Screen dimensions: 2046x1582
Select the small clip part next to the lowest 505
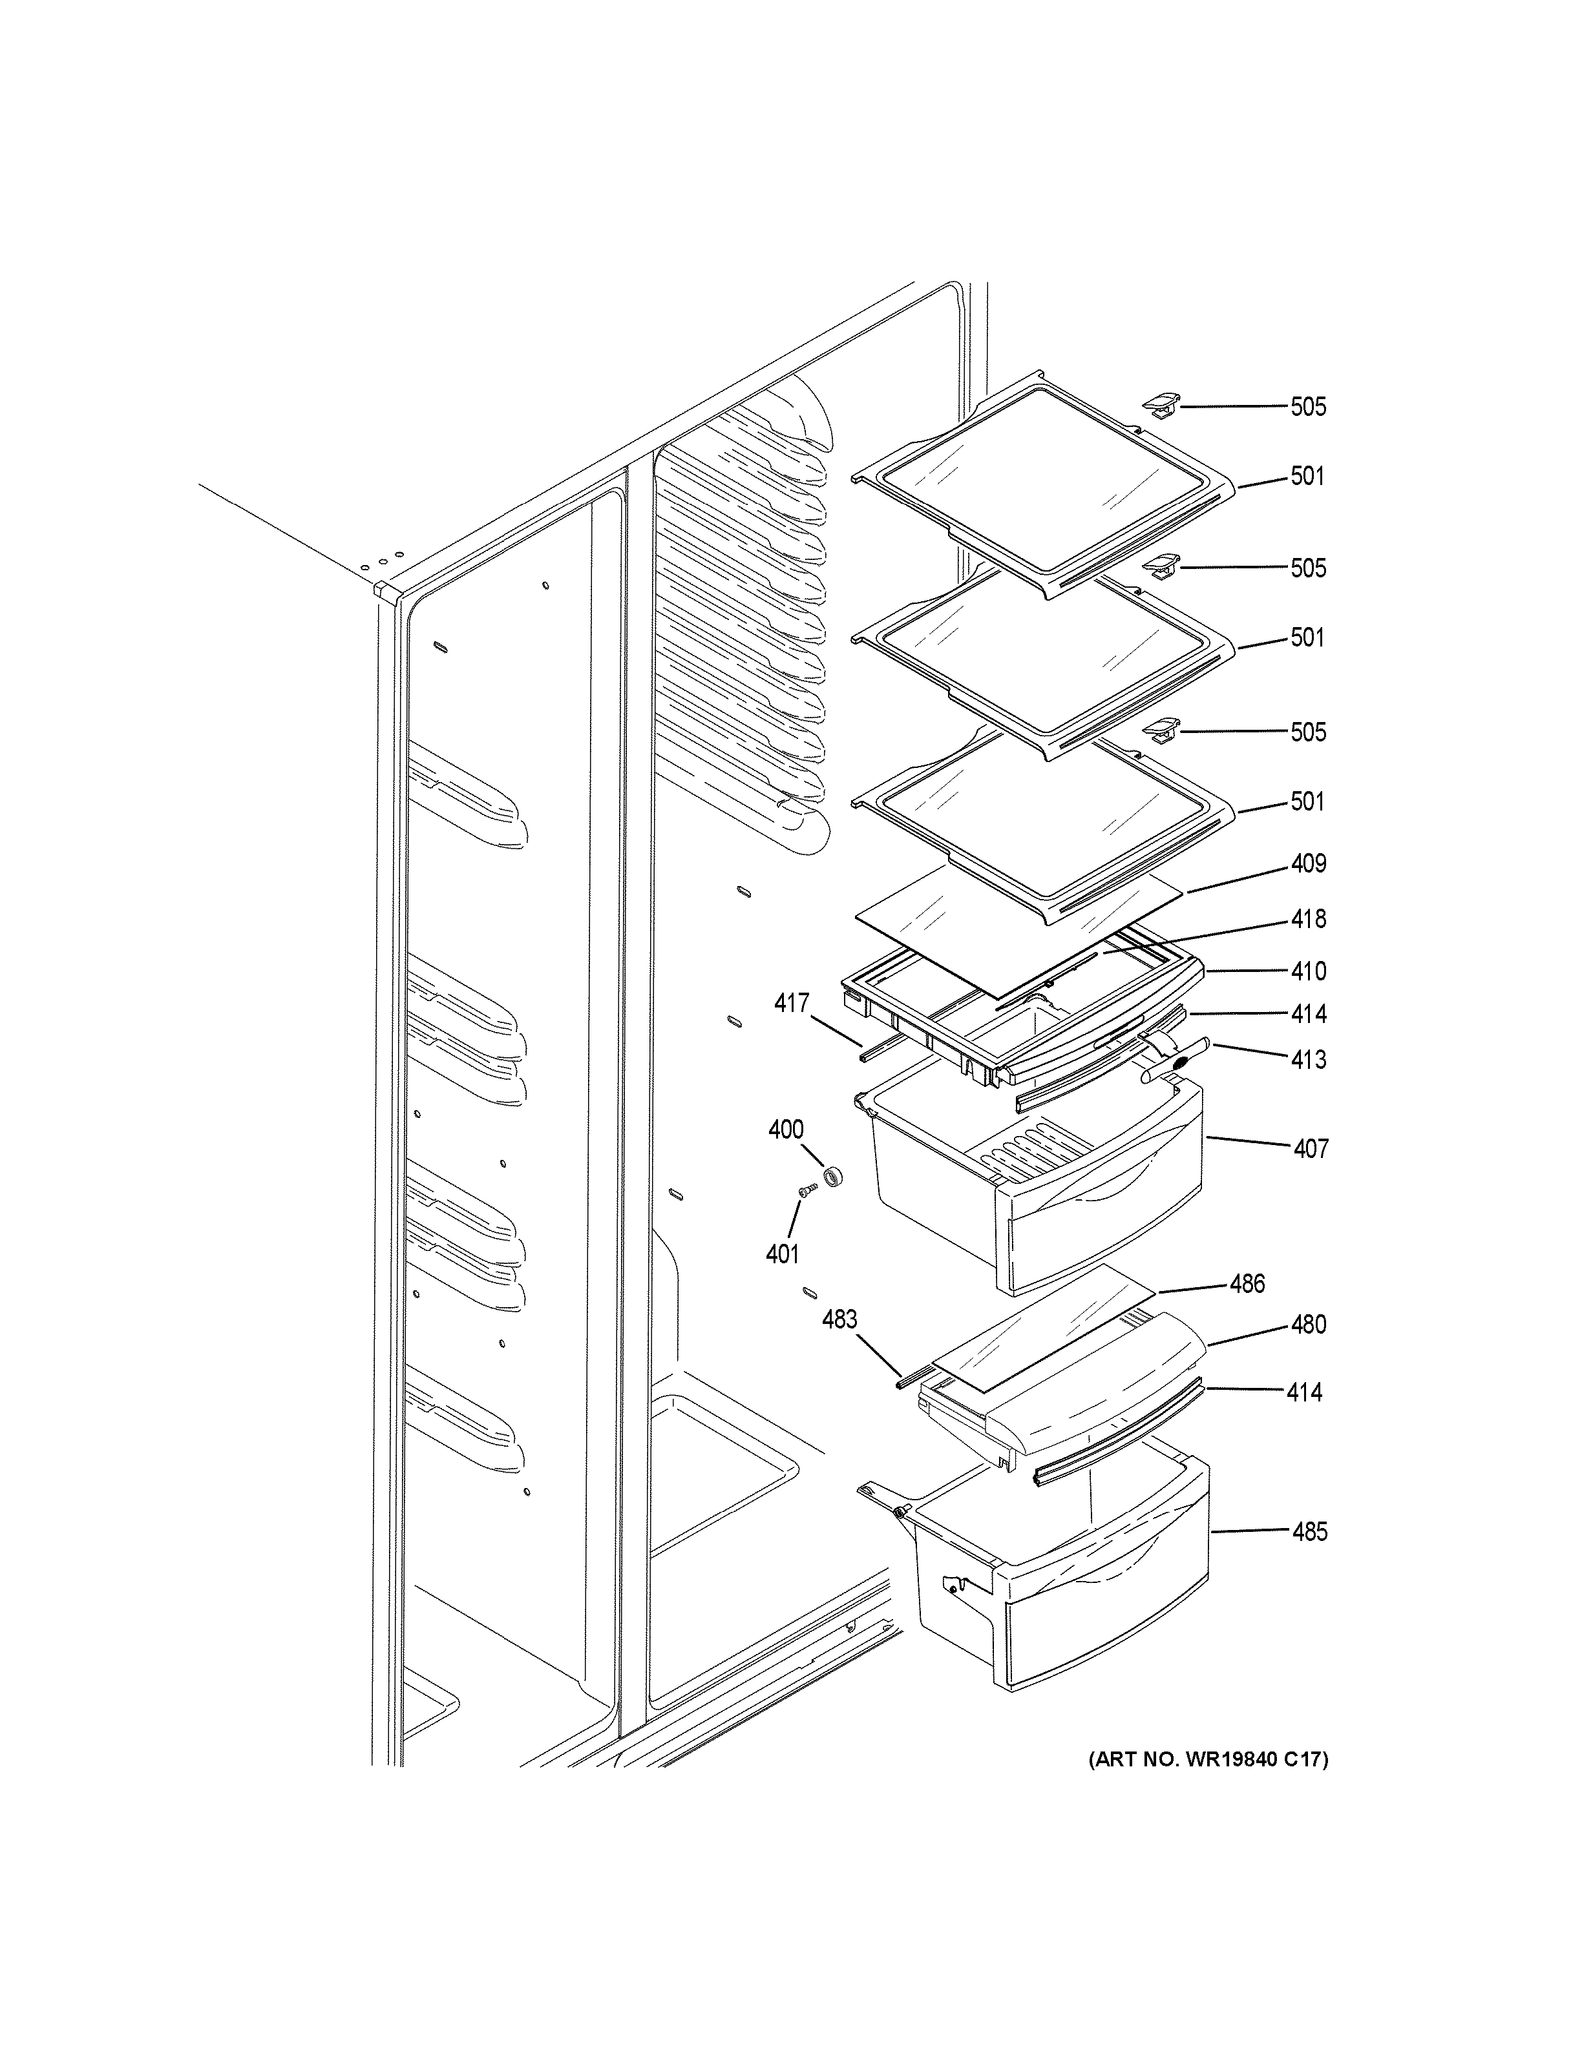pos(1160,728)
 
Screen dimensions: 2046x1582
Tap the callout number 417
pos(791,1004)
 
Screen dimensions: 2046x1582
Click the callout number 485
pos(1309,1532)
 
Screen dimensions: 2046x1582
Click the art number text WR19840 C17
pos(1208,1761)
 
